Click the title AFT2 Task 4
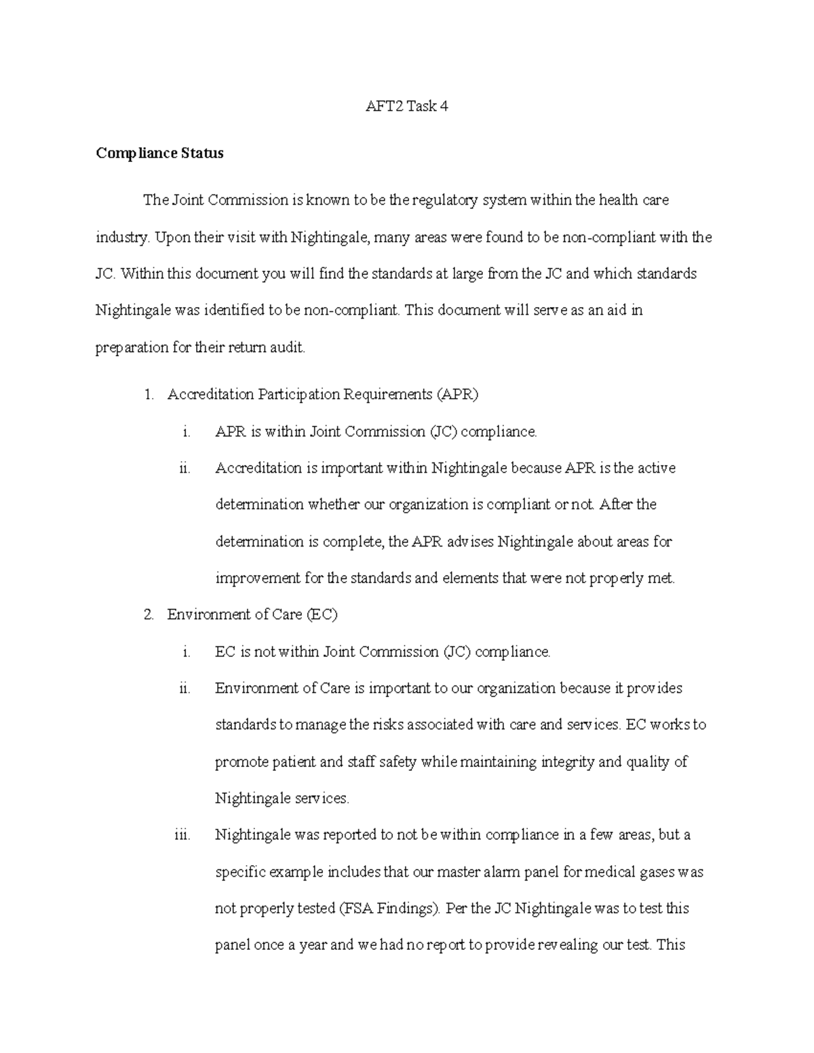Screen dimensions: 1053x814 (406, 106)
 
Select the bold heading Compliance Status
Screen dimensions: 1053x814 (159, 153)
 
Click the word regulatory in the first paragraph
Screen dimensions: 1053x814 (442, 200)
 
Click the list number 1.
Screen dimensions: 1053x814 (149, 395)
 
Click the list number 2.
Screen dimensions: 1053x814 (149, 615)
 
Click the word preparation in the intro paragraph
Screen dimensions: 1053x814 (132, 348)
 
